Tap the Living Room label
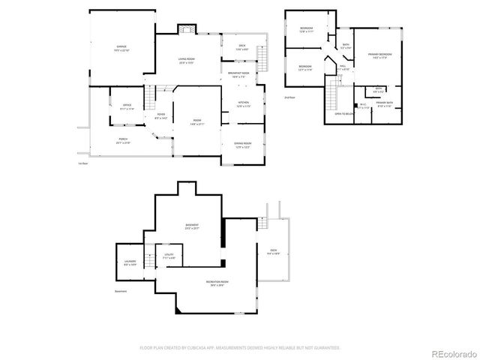click(x=187, y=61)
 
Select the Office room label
click(x=127, y=106)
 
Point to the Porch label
click(x=122, y=140)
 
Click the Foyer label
click(x=160, y=115)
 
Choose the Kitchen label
click(x=244, y=103)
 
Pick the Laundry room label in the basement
click(x=130, y=262)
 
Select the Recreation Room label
click(x=217, y=283)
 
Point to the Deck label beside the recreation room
click(x=274, y=252)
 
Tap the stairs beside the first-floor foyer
click(x=151, y=96)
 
